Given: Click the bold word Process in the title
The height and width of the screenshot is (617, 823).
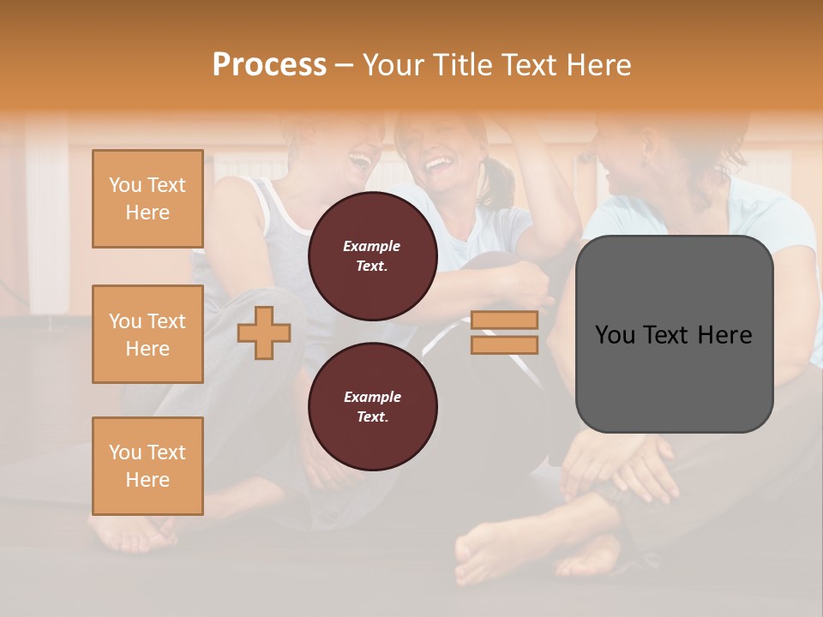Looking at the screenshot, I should point(269,65).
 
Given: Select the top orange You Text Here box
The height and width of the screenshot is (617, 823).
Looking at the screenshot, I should point(147,199).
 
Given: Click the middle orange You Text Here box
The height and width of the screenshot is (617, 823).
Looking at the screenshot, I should point(147,334).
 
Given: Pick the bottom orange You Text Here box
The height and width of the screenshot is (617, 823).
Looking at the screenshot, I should point(147,465).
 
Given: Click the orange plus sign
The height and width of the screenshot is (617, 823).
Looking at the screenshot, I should point(264,332).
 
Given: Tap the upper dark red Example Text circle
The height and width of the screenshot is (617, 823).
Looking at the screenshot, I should point(372,255).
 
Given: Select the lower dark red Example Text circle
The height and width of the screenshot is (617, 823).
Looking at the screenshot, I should point(372,406).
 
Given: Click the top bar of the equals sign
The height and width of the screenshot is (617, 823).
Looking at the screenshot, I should point(504,320).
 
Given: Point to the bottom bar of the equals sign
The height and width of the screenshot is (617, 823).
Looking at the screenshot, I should point(504,344).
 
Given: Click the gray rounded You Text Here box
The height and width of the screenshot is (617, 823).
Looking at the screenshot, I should point(674,334).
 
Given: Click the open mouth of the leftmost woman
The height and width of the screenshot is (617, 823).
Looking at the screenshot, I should point(359,160).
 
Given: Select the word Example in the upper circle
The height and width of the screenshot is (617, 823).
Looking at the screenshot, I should point(372,246).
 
